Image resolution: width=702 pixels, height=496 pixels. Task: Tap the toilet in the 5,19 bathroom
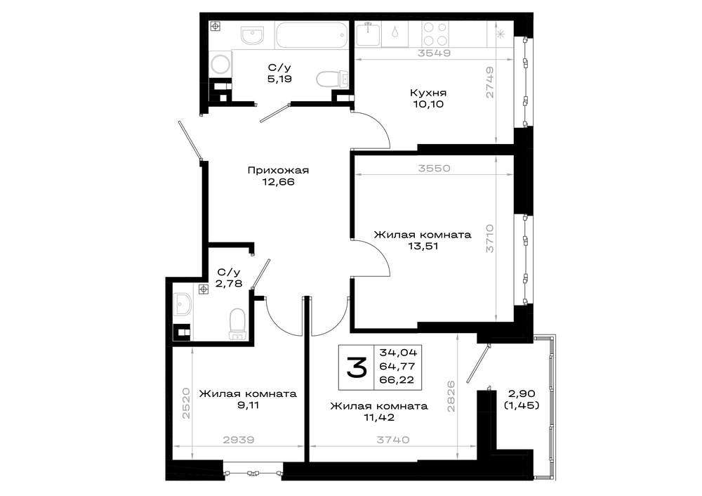tap(332, 79)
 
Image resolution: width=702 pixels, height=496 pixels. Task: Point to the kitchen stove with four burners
tap(435, 34)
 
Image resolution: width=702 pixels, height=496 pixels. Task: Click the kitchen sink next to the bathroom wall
tap(368, 34)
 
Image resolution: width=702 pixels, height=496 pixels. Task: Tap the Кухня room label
tap(428, 93)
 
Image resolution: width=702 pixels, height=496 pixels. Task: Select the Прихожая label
tap(278, 171)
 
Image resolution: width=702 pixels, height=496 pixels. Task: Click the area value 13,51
tap(423, 246)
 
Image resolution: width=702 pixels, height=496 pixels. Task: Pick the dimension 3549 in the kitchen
tap(434, 53)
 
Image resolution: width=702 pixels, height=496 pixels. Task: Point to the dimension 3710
tap(490, 239)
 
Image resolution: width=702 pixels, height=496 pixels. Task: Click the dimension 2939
tap(238, 440)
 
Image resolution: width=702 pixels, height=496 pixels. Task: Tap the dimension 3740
tap(392, 440)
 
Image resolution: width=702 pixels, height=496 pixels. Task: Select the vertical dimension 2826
tap(451, 396)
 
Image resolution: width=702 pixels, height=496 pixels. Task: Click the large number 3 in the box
tap(357, 367)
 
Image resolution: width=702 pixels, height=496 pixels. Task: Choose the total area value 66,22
tap(397, 380)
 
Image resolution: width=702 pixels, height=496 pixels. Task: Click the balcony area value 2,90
tap(522, 394)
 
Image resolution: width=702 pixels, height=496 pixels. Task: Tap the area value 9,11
tap(248, 405)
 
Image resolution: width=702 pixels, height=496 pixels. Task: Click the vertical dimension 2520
tap(187, 404)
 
